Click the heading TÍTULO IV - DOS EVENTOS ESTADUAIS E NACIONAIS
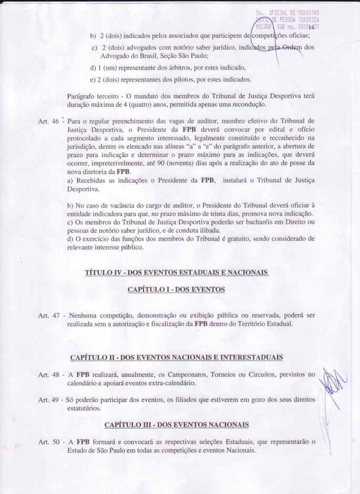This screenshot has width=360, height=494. tap(177, 272)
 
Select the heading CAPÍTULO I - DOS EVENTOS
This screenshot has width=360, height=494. tap(176, 290)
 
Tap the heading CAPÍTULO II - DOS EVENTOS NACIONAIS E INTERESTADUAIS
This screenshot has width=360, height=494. tap(177, 358)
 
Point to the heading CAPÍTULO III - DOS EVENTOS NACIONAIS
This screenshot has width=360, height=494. tap(176, 424)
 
